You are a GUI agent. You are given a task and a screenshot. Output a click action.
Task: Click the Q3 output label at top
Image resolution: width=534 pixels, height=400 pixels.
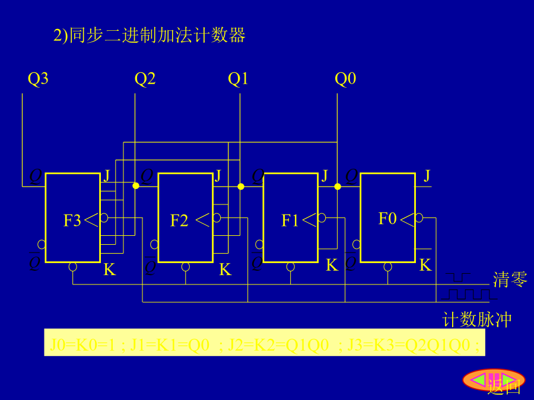38,79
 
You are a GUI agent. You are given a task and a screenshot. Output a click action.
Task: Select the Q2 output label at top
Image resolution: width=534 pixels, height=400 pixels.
145,79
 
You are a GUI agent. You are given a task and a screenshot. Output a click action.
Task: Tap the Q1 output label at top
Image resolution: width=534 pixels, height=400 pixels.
238,79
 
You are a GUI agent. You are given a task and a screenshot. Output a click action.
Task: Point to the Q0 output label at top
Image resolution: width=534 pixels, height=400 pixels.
345,79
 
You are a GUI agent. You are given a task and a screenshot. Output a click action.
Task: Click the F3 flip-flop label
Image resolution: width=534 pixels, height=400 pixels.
72,221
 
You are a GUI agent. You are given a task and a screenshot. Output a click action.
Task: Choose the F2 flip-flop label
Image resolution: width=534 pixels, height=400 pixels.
179,221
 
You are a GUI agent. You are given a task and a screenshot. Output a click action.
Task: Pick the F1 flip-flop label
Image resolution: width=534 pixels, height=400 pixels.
290,221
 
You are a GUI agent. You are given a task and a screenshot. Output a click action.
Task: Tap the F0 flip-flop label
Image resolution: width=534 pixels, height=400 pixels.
387,219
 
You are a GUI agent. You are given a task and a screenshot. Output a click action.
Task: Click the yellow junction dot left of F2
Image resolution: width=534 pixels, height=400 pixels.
136,186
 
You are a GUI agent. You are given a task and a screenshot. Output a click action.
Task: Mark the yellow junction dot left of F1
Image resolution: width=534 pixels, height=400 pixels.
241,186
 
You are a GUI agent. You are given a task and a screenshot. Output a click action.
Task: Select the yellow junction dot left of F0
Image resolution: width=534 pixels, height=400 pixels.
338,186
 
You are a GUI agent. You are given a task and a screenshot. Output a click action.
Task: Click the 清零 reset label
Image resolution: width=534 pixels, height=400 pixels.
510,280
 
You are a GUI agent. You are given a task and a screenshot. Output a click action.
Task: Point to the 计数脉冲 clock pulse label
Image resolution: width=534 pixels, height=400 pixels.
477,320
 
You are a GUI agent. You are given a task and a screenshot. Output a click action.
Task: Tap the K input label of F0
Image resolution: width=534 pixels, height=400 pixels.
425,265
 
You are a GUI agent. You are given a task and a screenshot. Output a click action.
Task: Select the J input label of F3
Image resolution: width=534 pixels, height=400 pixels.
107,175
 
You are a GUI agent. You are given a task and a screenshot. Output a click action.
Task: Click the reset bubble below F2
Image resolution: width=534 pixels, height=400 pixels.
186,267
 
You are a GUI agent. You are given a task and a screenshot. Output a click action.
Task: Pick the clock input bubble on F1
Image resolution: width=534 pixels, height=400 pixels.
322,218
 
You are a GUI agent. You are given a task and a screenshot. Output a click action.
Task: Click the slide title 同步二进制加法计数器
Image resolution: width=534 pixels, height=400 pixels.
150,36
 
